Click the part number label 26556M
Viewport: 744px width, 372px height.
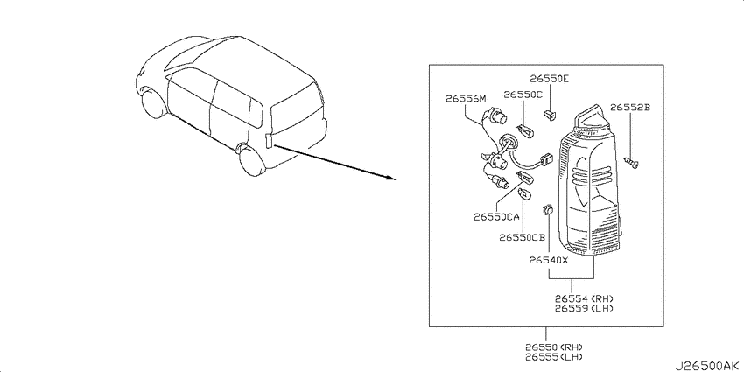(467, 99)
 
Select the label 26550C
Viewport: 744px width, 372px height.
(523, 95)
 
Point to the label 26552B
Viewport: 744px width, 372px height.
(629, 108)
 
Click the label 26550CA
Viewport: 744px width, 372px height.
(496, 217)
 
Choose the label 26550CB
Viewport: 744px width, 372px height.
(522, 237)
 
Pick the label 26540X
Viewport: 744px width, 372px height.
(549, 260)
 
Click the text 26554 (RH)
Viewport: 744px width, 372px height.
(585, 298)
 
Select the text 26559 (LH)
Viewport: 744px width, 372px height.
(585, 308)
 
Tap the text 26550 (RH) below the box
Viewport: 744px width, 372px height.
(554, 347)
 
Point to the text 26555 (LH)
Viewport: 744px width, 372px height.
(554, 356)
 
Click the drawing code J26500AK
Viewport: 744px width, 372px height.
(707, 366)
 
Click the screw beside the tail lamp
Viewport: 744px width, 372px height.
(632, 163)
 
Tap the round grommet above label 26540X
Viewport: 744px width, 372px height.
(548, 209)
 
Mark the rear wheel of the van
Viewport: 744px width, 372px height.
(253, 159)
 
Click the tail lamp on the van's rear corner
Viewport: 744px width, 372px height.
(269, 141)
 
